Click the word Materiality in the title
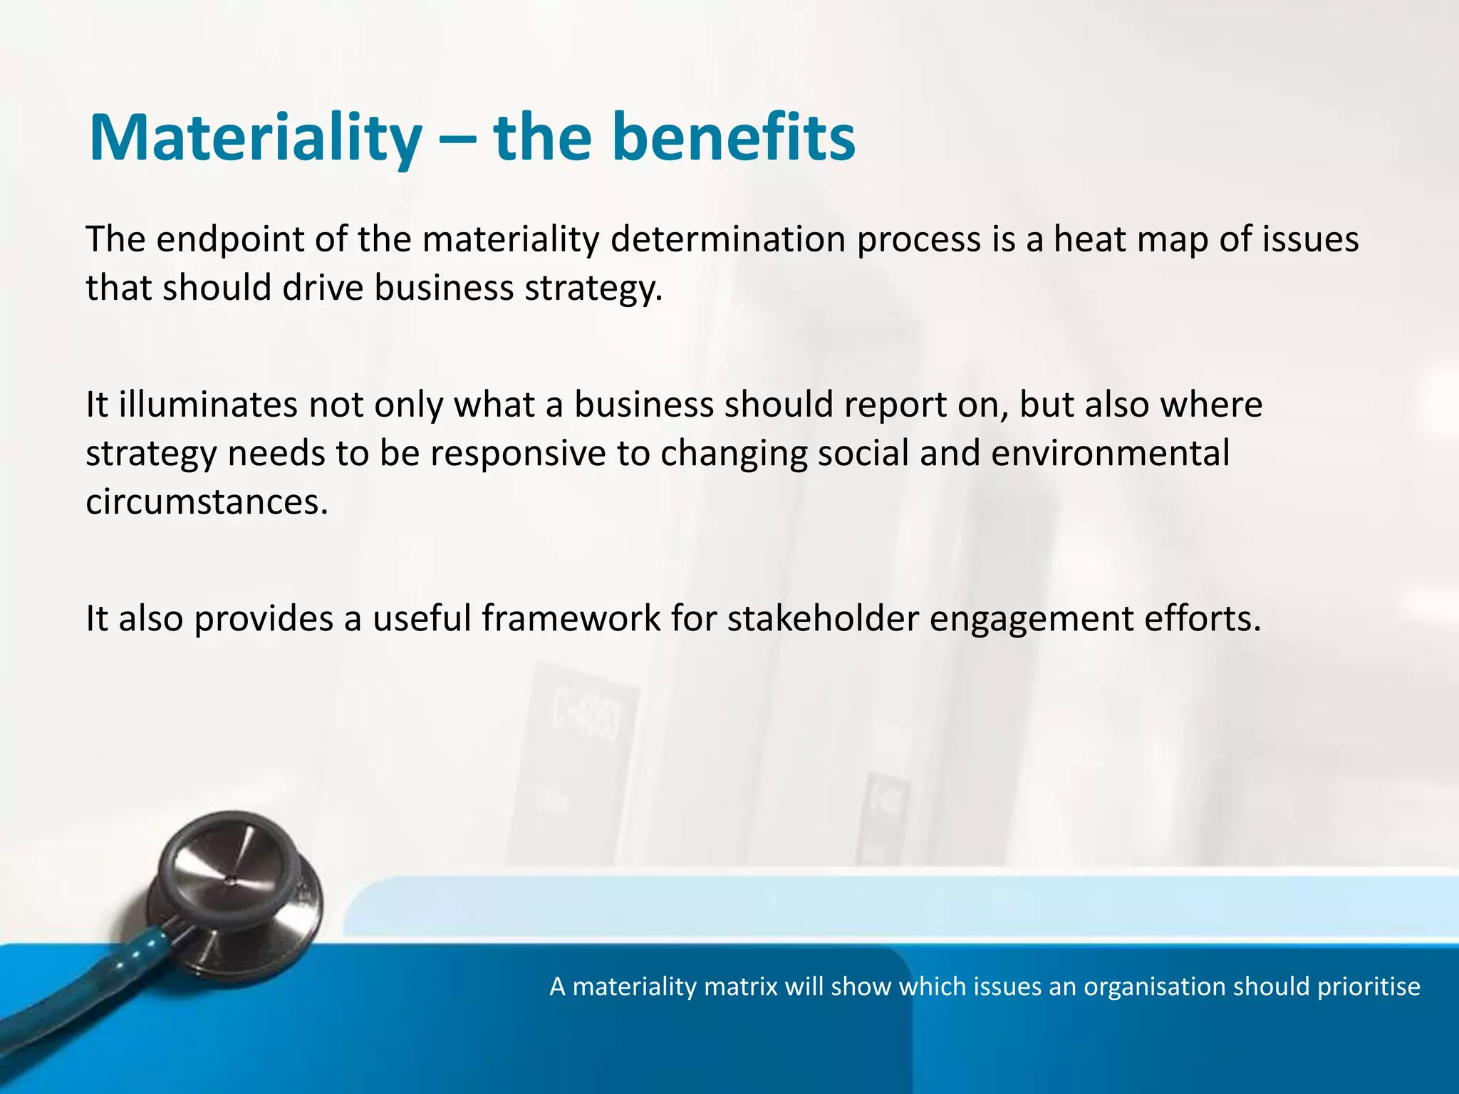(x=255, y=139)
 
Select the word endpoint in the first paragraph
(x=230, y=240)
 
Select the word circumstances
(x=207, y=502)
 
